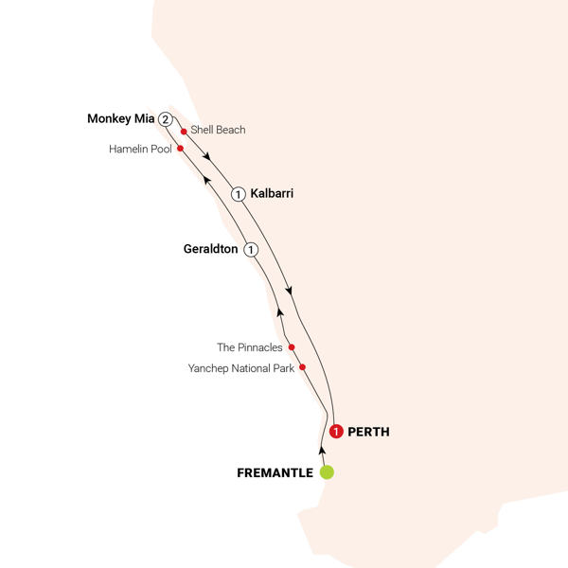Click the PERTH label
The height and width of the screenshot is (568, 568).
368,432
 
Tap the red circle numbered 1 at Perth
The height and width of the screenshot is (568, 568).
336,432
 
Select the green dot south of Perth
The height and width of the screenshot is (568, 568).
326,471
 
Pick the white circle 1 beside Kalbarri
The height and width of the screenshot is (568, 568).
240,193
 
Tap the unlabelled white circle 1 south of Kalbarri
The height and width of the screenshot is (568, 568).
251,249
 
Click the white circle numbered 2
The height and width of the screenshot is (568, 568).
166,119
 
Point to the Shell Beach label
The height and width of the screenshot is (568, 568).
218,130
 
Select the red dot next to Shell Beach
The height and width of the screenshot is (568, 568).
183,133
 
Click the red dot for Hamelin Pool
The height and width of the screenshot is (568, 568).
179,149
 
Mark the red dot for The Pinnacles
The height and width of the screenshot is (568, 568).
292,346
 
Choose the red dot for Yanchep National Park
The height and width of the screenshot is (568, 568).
302,366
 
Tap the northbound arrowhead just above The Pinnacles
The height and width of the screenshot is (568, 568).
280,311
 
